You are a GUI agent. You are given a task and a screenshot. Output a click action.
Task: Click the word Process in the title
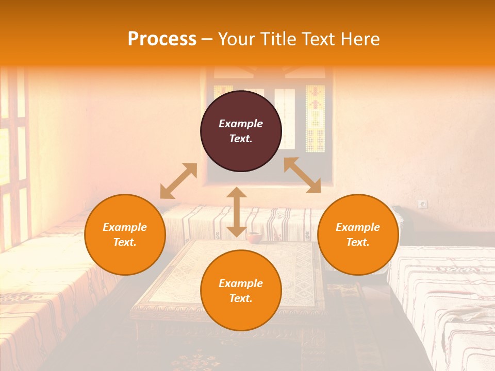[162, 39]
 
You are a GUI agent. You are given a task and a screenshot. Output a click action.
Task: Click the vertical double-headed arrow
[236, 212]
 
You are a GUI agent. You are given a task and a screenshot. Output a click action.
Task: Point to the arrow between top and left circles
[178, 181]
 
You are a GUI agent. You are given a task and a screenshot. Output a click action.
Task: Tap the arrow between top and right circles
[302, 175]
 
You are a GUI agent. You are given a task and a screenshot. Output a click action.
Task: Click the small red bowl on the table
[253, 237]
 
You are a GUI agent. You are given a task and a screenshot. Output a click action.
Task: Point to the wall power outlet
[423, 204]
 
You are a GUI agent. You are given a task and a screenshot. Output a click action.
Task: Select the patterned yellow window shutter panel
[315, 119]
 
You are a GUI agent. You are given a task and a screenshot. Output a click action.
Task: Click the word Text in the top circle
[240, 139]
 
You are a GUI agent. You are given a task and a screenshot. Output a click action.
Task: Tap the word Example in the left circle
[125, 227]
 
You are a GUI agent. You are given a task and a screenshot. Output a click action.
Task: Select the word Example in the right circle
[358, 227]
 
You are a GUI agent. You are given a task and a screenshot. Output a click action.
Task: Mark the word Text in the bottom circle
[240, 298]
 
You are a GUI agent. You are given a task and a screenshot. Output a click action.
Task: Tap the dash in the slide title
[207, 39]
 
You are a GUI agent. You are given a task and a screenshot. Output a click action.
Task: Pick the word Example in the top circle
[241, 124]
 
